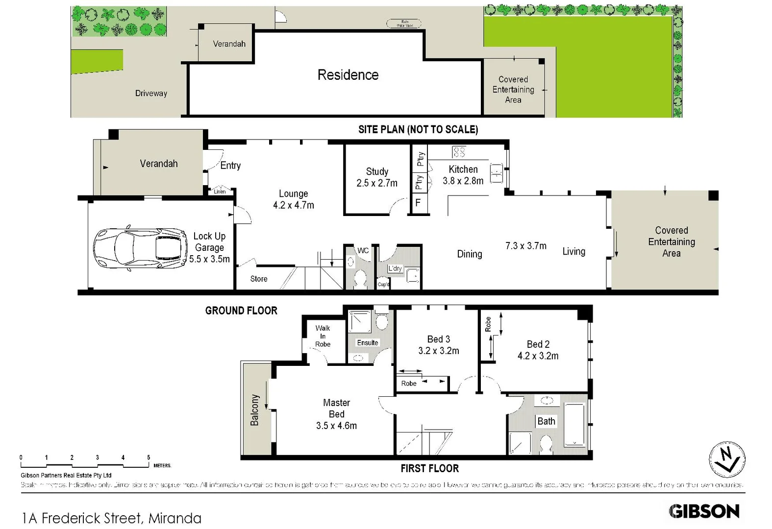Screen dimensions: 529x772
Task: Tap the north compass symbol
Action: click(727, 459)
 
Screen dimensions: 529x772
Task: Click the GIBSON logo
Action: click(704, 511)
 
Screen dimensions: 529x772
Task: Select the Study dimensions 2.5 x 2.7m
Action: click(377, 183)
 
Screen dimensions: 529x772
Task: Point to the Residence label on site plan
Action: click(348, 75)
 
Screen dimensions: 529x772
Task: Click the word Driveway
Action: click(151, 93)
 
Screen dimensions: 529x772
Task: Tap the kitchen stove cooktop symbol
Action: click(459, 151)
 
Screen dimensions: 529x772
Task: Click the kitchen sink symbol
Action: click(497, 173)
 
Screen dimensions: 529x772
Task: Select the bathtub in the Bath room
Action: click(574, 424)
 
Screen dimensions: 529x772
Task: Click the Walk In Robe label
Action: click(323, 336)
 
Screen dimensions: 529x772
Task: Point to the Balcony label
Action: click(254, 409)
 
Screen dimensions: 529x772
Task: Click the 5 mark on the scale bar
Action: click(149, 457)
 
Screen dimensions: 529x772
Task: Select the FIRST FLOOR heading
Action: click(429, 468)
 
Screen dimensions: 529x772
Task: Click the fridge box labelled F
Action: click(418, 202)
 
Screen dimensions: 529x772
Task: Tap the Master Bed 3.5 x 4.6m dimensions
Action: click(336, 426)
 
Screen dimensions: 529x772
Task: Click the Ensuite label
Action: click(367, 343)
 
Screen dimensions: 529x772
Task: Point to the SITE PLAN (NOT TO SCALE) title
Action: click(418, 129)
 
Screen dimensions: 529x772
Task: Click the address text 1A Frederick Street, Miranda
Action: click(112, 518)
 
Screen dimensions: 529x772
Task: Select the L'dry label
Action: click(395, 268)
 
